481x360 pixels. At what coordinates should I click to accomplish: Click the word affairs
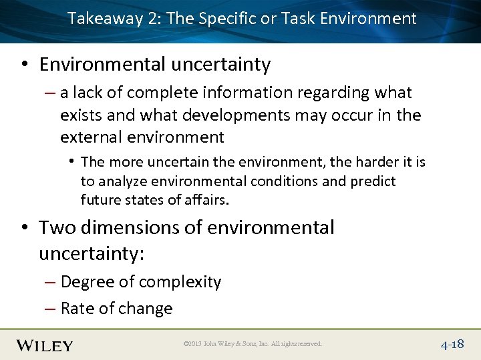click(x=205, y=200)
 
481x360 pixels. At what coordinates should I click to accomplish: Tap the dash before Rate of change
click(x=51, y=309)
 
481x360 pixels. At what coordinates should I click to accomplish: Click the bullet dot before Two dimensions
click(x=25, y=228)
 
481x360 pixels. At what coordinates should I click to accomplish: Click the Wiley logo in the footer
click(x=45, y=345)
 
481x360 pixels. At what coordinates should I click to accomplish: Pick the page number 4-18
click(x=452, y=345)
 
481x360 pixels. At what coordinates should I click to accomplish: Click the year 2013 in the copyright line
click(x=195, y=345)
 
